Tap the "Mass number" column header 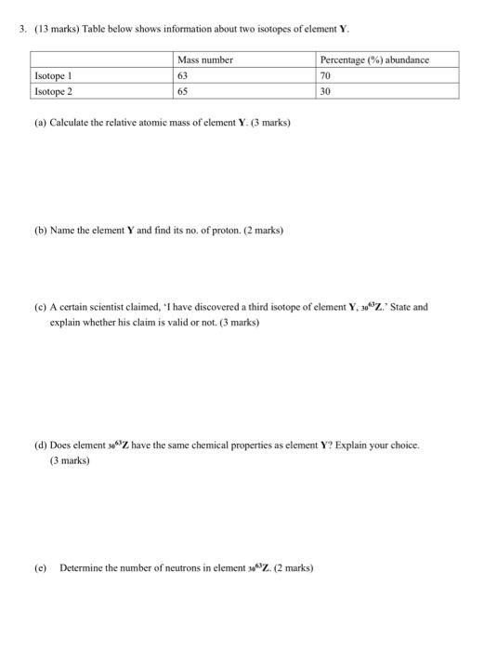206,60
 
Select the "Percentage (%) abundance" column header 374,60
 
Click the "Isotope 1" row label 53,76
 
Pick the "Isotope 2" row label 53,91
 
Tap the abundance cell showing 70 326,76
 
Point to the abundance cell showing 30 326,91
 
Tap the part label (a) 39,122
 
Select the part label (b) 39,230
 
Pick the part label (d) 39,445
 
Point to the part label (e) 39,566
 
